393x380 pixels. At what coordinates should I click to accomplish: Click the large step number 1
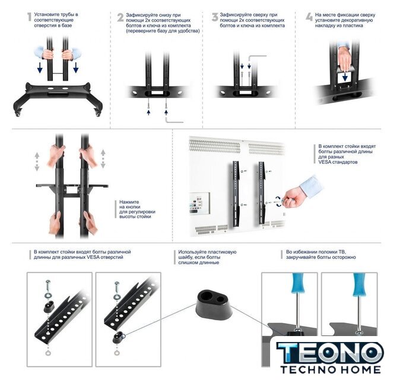coord(29,17)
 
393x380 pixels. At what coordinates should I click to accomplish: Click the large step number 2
coord(121,17)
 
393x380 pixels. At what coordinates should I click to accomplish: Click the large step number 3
coord(214,17)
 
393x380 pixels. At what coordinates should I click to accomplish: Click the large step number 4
coord(309,17)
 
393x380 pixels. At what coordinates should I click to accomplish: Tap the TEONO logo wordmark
coord(330,353)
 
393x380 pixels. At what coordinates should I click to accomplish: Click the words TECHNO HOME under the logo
coord(331,369)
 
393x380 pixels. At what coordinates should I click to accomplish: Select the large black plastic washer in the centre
coord(213,305)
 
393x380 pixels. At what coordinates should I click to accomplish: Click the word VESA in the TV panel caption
coord(325,162)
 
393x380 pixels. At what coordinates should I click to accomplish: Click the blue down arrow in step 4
coord(345,77)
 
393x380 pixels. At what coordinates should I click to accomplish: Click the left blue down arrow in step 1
coord(40,68)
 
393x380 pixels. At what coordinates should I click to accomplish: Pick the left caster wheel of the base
coord(18,113)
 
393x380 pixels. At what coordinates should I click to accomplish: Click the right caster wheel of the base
coord(97,113)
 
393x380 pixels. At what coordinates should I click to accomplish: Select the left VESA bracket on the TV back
coord(236,194)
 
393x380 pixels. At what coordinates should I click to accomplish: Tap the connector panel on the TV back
coord(199,203)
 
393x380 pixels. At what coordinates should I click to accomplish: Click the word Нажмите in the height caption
coord(129,202)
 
